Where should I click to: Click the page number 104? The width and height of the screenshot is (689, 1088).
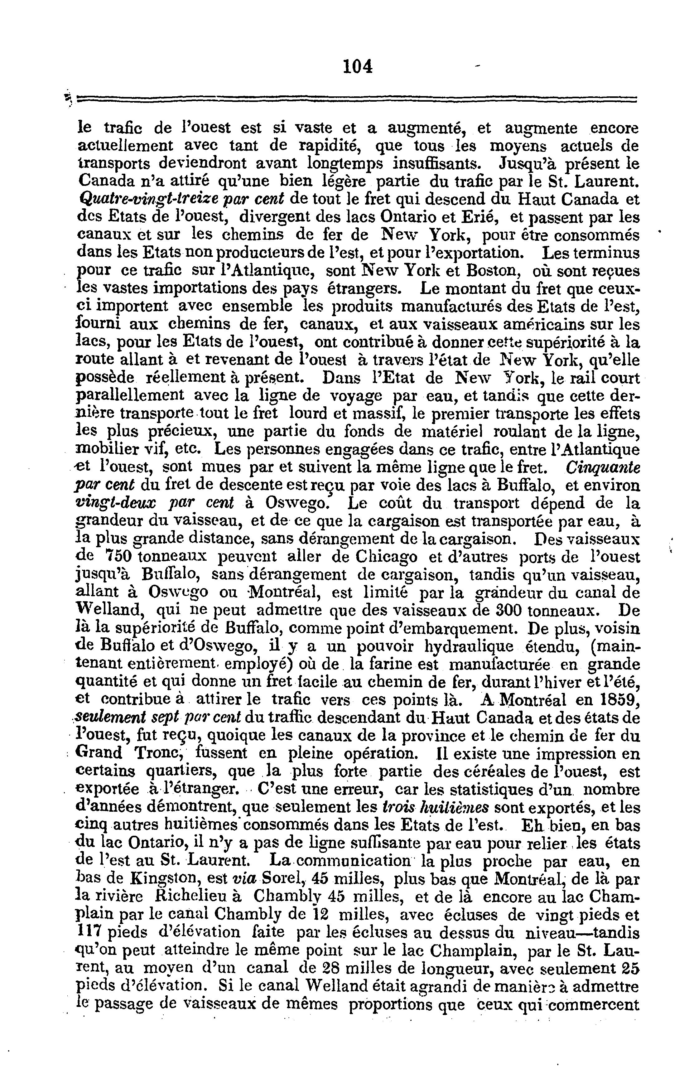(x=357, y=67)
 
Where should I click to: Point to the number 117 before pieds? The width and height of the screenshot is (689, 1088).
(x=89, y=933)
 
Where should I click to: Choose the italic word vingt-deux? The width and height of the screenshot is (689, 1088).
(x=115, y=503)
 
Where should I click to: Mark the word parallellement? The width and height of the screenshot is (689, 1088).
(x=131, y=395)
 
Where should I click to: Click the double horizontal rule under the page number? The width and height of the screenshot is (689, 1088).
(x=357, y=98)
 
